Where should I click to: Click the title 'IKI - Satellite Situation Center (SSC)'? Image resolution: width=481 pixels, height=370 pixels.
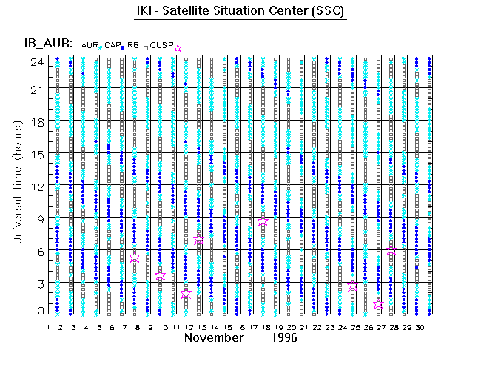[240, 13]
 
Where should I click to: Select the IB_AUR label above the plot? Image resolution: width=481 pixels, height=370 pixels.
[48, 44]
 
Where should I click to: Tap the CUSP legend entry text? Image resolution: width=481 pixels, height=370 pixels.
[161, 46]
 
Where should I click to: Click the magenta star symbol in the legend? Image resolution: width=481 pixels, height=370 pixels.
[177, 48]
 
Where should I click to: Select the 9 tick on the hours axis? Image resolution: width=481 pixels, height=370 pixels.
[38, 218]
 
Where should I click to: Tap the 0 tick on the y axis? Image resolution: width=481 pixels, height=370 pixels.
[38, 312]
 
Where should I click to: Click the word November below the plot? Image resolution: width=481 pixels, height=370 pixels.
[214, 337]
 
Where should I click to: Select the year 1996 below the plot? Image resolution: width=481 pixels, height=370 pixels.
[283, 337]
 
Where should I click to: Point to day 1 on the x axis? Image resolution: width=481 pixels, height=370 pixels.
[48, 326]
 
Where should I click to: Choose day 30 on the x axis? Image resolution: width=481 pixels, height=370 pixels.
[418, 326]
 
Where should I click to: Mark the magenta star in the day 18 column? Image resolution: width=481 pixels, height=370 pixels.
[263, 221]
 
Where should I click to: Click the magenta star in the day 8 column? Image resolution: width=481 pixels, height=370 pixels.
[135, 258]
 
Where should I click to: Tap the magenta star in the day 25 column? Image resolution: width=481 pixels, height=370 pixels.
[353, 286]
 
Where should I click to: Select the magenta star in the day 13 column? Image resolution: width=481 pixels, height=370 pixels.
[198, 240]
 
